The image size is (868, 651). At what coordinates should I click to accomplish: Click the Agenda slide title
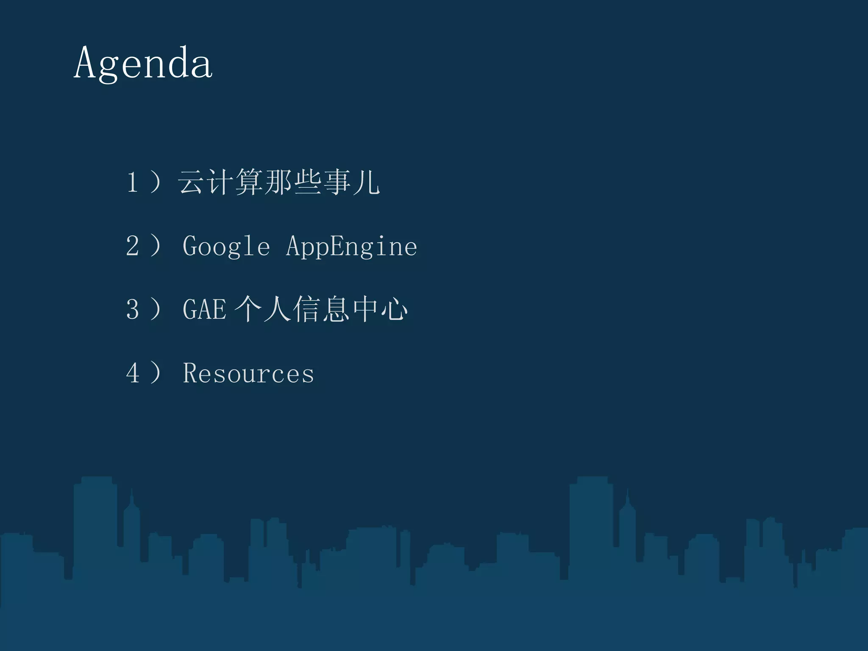pos(143,64)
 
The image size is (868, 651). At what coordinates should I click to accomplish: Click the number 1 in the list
pos(132,182)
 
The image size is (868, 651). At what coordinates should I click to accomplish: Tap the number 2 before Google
pos(132,246)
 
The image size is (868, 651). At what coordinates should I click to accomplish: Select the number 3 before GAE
pos(132,309)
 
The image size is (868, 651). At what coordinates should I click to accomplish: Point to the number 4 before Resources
pos(132,373)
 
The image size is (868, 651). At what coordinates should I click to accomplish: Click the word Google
pos(226,247)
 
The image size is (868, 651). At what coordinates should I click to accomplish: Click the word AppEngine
pos(351,247)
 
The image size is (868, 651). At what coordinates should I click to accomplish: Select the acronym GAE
pos(204,309)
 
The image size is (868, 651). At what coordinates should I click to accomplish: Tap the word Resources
pos(248,373)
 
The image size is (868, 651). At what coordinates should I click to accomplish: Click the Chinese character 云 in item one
pos(190,182)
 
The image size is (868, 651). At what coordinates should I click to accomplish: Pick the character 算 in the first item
pos(249,182)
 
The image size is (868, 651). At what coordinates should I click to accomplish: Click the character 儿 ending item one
pos(366,182)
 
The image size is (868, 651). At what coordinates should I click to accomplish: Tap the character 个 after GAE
pos(248,309)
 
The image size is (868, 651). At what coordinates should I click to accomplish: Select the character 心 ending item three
pos(394,309)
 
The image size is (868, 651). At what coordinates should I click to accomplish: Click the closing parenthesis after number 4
pos(156,373)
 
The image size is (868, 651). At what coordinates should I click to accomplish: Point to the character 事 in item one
pos(337,182)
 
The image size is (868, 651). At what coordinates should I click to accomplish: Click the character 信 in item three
pos(306,309)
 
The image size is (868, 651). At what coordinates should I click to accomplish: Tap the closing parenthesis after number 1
pos(156,182)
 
